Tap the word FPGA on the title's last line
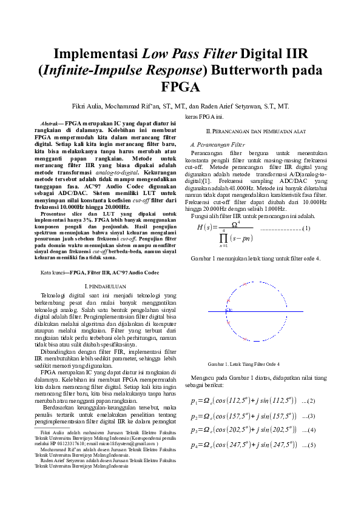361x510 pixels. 180,86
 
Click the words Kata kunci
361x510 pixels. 53,273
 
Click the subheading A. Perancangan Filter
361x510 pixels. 217,145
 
